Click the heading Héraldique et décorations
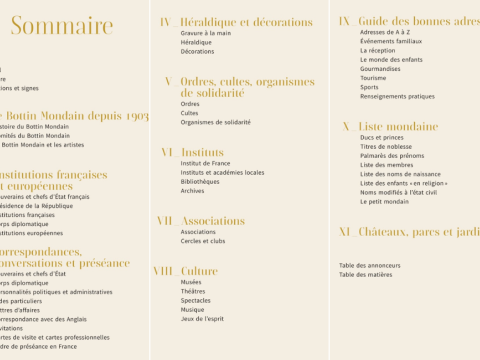246,21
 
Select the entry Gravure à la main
206,33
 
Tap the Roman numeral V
168,81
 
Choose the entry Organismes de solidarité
216,122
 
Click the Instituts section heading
202,152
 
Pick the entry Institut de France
205,163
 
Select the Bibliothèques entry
200,182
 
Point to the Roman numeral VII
165,221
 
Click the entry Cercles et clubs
203,241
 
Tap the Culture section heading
199,271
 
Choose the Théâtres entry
195,291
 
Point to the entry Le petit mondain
385,201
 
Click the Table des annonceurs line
369,265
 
